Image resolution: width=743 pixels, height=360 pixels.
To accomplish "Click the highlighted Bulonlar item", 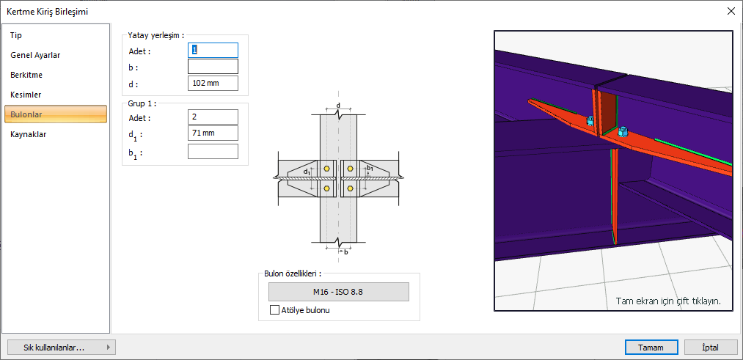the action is tap(56, 114).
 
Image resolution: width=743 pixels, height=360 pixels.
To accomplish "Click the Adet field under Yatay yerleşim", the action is tap(213, 50).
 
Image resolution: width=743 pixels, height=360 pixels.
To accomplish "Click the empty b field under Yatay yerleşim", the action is tap(213, 66).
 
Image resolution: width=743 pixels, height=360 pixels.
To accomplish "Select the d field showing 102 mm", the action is tap(213, 83).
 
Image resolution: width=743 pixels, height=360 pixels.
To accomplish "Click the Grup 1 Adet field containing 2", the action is tap(213, 117).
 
